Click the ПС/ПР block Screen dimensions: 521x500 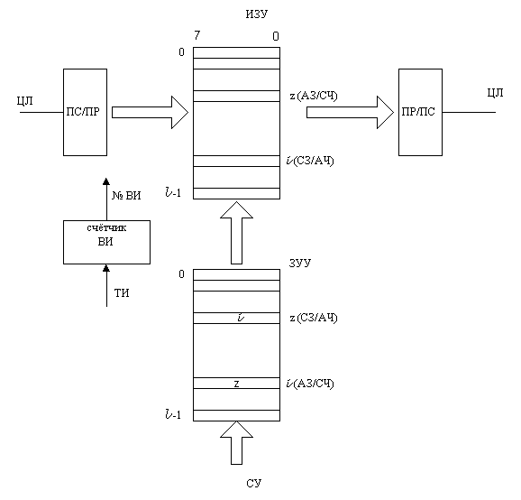click(85, 112)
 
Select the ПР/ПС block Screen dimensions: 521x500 click(420, 112)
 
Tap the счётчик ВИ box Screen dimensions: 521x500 click(106, 242)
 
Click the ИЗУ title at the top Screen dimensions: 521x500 click(257, 14)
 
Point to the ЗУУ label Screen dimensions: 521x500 click(300, 263)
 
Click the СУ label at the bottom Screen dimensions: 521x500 click(254, 483)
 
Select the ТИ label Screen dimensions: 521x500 click(122, 293)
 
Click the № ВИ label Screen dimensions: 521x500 click(126, 195)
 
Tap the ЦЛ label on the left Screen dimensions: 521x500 click(25, 100)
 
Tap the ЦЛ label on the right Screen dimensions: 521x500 click(495, 92)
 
